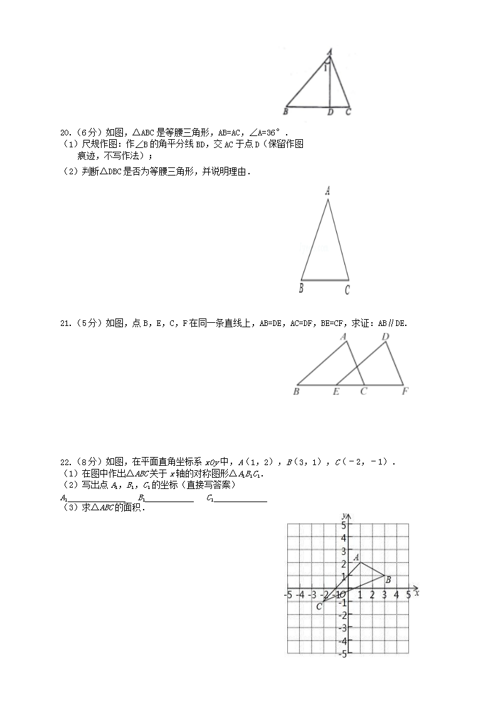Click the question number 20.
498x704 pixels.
point(65,133)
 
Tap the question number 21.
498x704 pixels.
point(65,323)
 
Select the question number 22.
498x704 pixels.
point(65,463)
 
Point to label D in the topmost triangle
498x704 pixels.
point(330,112)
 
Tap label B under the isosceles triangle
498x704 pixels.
point(301,288)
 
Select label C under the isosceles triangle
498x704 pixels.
point(347,290)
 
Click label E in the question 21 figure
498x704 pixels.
point(336,392)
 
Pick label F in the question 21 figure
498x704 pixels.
point(405,392)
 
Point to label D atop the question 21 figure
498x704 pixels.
point(386,337)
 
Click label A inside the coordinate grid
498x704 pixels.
point(356,557)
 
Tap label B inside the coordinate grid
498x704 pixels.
point(388,580)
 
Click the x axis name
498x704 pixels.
point(417,592)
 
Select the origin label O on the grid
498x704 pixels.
point(342,594)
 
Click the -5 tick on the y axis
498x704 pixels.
point(342,654)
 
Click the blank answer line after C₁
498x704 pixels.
point(241,500)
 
